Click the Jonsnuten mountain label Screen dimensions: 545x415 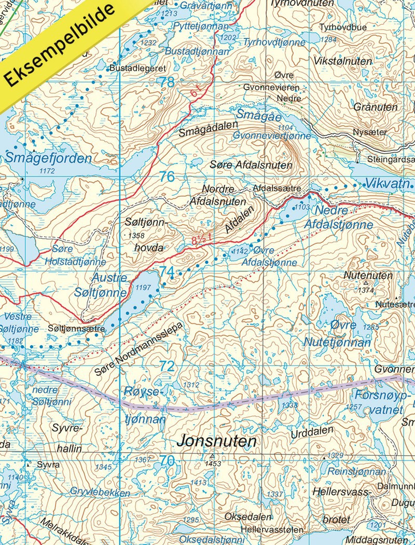pyautogui.click(x=217, y=442)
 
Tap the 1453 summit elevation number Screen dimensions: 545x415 pyautogui.click(x=213, y=464)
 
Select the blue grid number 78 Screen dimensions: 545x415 pyautogui.click(x=167, y=82)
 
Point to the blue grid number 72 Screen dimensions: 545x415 pyautogui.click(x=167, y=366)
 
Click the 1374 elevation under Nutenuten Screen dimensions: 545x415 pyautogui.click(x=366, y=291)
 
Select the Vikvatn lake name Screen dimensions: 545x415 pyautogui.click(x=389, y=183)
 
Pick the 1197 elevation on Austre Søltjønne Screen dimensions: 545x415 pyautogui.click(x=142, y=287)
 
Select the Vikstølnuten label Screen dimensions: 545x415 pyautogui.click(x=343, y=61)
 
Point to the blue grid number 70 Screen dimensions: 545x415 pyautogui.click(x=167, y=460)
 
